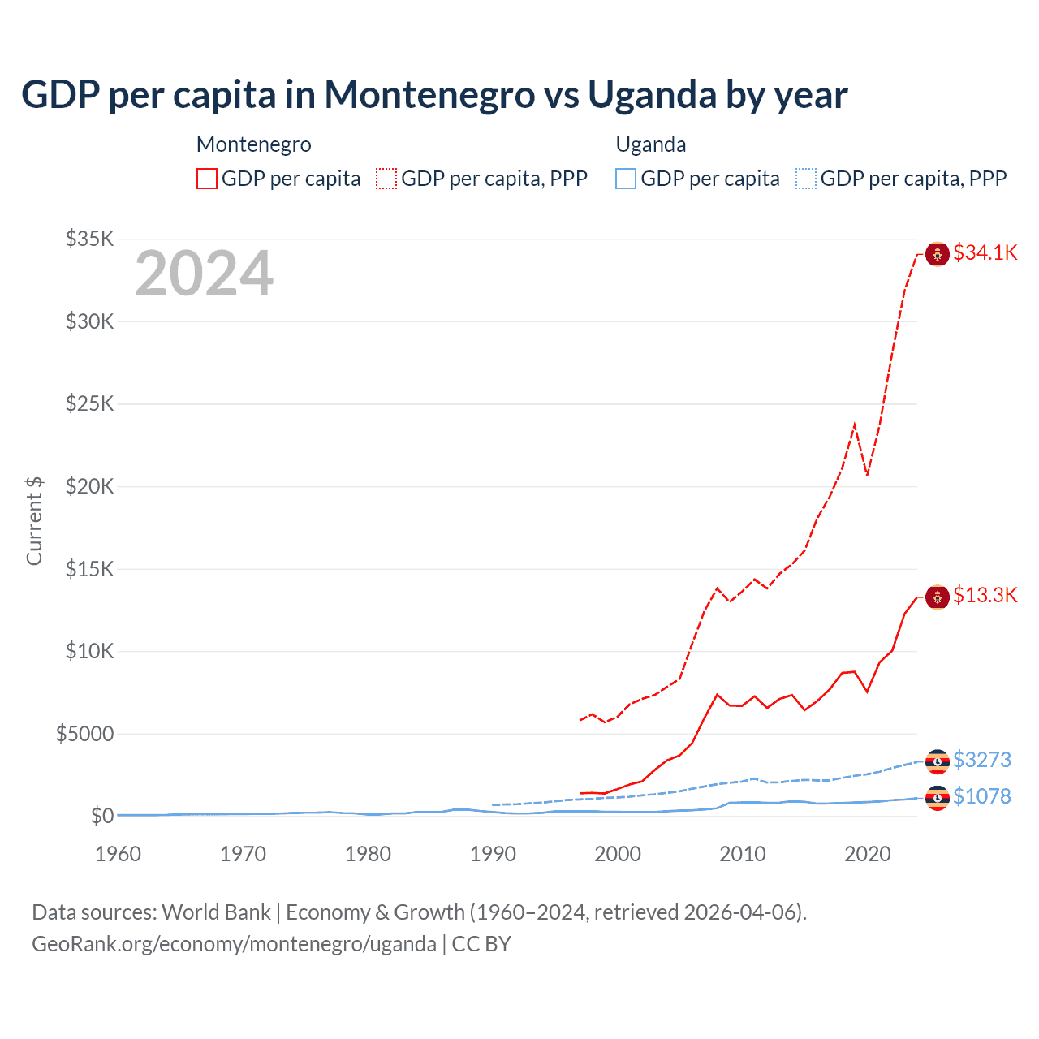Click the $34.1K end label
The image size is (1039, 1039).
click(x=985, y=252)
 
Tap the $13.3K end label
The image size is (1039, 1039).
click(x=985, y=595)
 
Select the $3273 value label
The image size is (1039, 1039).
click(x=981, y=760)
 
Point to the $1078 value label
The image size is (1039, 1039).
click(x=981, y=796)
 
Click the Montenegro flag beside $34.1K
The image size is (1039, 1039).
click(x=938, y=254)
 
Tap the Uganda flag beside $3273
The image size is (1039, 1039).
click(x=938, y=761)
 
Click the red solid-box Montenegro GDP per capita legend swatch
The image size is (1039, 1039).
click(x=207, y=179)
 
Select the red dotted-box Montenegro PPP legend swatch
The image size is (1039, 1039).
click(x=386, y=179)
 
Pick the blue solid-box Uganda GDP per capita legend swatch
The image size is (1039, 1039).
click(x=626, y=179)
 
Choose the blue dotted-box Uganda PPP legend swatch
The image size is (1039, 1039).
click(x=806, y=179)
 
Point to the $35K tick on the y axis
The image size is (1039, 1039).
click(x=90, y=239)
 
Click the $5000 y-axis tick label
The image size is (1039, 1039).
click(x=84, y=734)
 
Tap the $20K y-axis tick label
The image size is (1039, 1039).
click(x=90, y=486)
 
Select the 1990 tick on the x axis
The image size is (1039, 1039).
click(x=493, y=854)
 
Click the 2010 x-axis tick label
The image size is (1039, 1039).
click(x=743, y=854)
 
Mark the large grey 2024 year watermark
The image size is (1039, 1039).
click(x=204, y=274)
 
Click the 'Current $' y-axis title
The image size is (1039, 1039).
click(x=34, y=521)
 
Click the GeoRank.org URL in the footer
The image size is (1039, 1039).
click(x=234, y=944)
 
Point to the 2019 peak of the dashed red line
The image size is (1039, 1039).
click(x=855, y=425)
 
